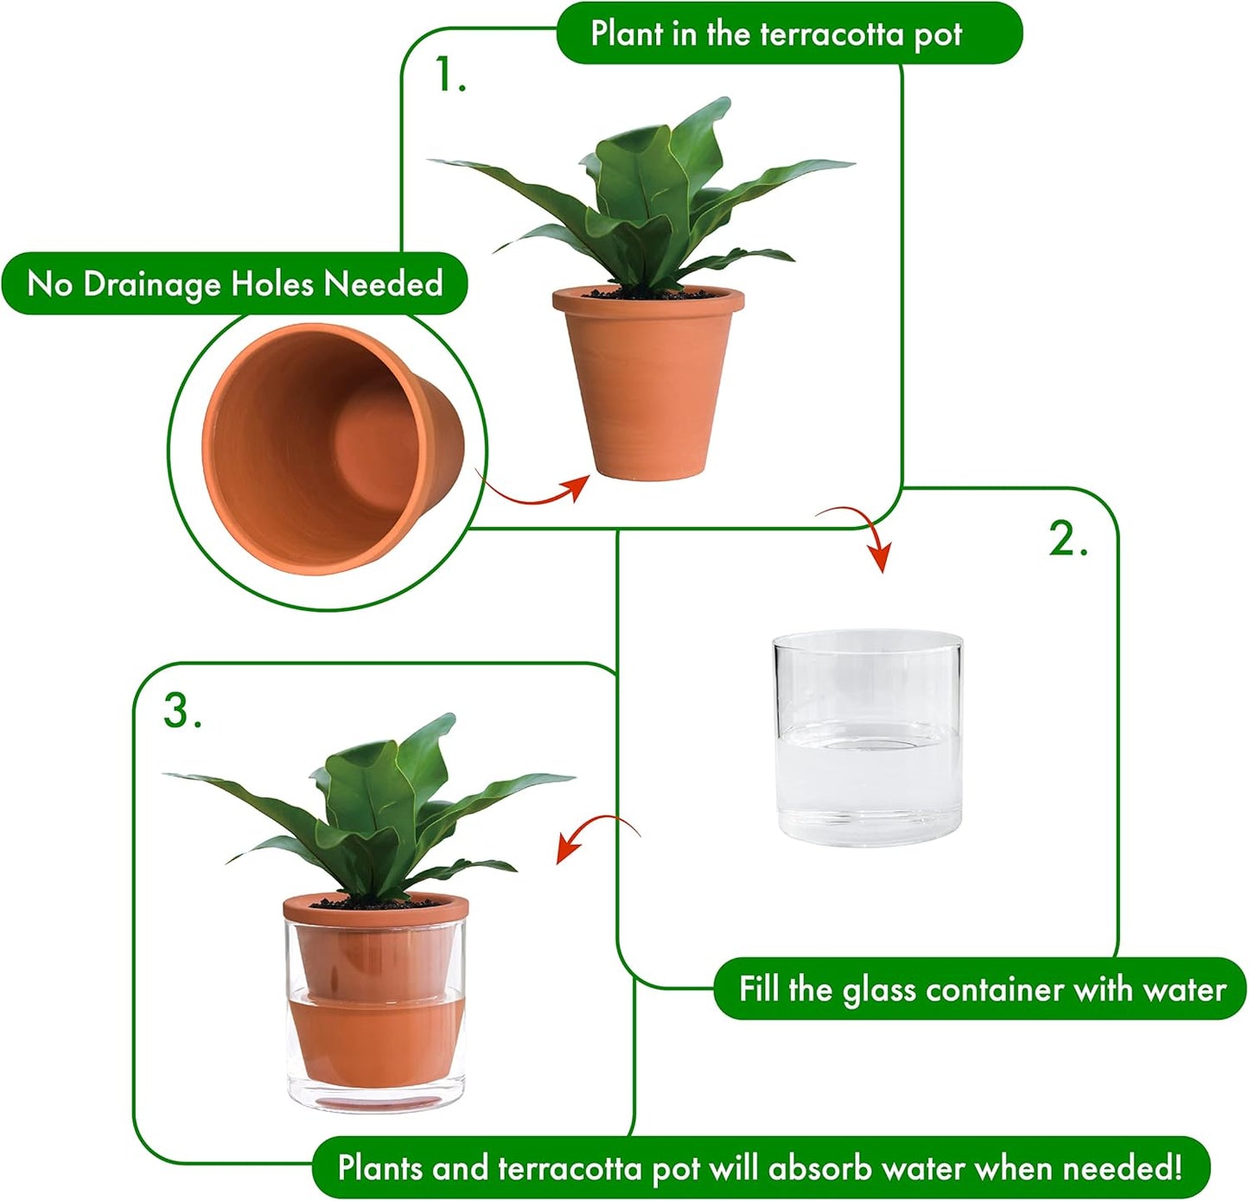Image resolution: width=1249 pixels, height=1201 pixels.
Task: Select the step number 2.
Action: point(1067,540)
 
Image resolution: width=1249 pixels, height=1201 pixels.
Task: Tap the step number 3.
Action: point(182,711)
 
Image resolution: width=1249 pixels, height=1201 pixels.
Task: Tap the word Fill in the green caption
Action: point(758,988)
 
